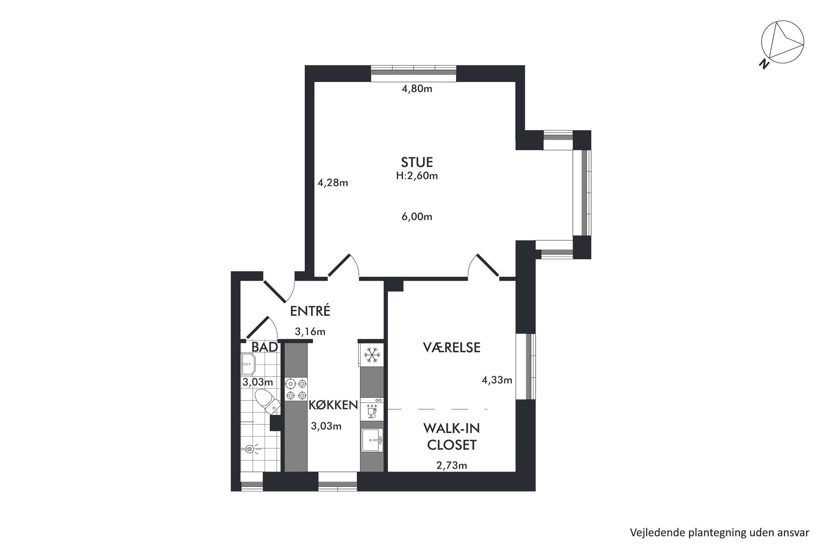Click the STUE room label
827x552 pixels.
pyautogui.click(x=417, y=162)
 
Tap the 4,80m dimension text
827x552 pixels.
pyautogui.click(x=417, y=89)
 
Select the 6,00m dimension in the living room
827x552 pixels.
pyautogui.click(x=417, y=217)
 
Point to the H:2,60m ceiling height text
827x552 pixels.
pyautogui.click(x=417, y=176)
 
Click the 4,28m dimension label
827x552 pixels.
pyautogui.click(x=333, y=183)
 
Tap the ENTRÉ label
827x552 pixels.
pyautogui.click(x=310, y=311)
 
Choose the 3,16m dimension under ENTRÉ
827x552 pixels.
pyautogui.click(x=310, y=332)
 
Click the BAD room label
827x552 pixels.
pyautogui.click(x=265, y=347)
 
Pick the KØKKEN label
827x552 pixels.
pyautogui.click(x=333, y=405)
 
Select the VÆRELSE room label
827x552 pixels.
pyautogui.click(x=451, y=348)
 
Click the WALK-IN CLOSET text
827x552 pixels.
pyautogui.click(x=451, y=436)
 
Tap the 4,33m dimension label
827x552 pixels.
pyautogui.click(x=497, y=380)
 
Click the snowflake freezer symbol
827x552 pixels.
pyautogui.click(x=371, y=355)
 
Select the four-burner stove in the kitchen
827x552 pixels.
pyautogui.click(x=296, y=389)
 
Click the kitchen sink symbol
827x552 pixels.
pyautogui.click(x=372, y=440)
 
